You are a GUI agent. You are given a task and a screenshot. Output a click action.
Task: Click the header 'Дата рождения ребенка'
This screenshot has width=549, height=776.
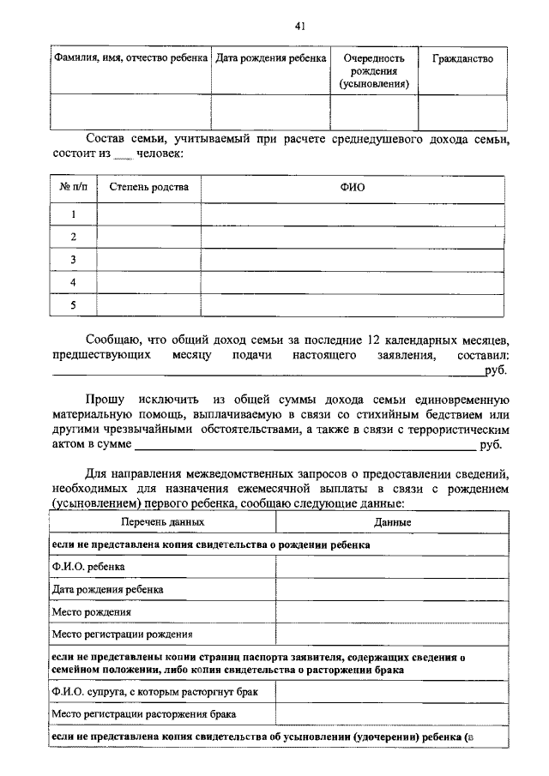pyautogui.click(x=270, y=58)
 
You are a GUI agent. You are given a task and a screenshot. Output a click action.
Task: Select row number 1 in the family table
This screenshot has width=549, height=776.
pyautogui.click(x=74, y=214)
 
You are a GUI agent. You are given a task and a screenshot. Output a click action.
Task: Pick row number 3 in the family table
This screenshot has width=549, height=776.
pyautogui.click(x=74, y=260)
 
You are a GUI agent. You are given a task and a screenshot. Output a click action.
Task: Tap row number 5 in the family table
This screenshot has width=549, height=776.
pyautogui.click(x=74, y=305)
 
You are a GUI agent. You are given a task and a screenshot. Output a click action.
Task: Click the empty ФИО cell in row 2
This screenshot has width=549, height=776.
pyautogui.click(x=353, y=237)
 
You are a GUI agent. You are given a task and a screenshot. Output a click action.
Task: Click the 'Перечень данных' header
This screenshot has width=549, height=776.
pyautogui.click(x=162, y=521)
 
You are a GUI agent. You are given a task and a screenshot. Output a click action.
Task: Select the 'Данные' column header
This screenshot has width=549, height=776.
pyautogui.click(x=392, y=521)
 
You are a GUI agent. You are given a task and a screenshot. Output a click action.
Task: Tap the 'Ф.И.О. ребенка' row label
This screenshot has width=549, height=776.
pyautogui.click(x=88, y=567)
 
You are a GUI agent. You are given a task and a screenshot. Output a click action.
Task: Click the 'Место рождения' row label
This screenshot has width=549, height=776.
pyautogui.click(x=92, y=612)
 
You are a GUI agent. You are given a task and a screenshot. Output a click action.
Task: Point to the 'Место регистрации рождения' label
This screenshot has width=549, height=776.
pyautogui.click(x=122, y=635)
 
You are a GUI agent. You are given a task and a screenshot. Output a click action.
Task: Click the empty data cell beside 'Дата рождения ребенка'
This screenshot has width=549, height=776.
pyautogui.click(x=392, y=590)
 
